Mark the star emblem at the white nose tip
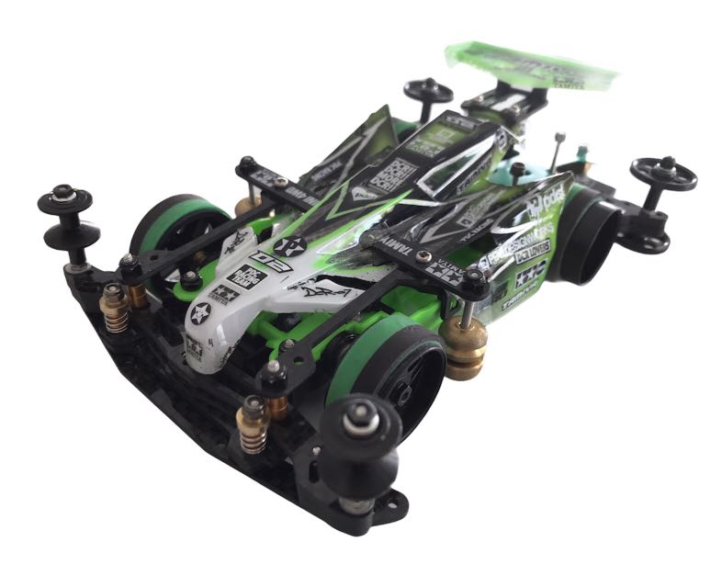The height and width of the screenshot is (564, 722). coord(199,313)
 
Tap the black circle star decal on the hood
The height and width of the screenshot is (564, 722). coord(291,245)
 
